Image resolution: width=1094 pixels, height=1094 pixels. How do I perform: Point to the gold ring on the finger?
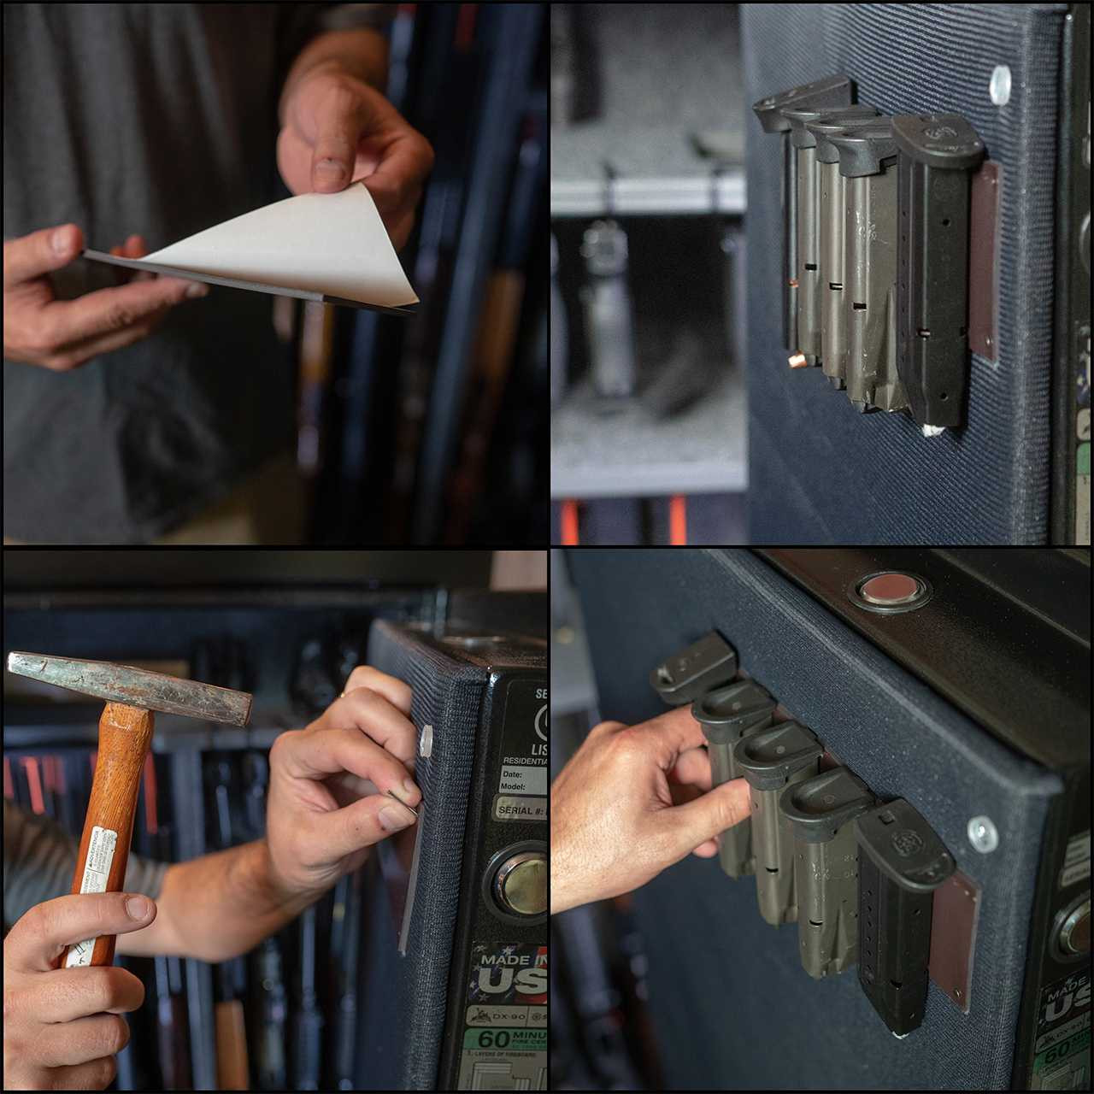[x=342, y=697]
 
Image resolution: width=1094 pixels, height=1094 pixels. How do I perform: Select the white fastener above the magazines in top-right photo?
[x=1000, y=85]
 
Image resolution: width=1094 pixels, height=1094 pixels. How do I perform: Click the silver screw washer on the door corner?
[x=982, y=833]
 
